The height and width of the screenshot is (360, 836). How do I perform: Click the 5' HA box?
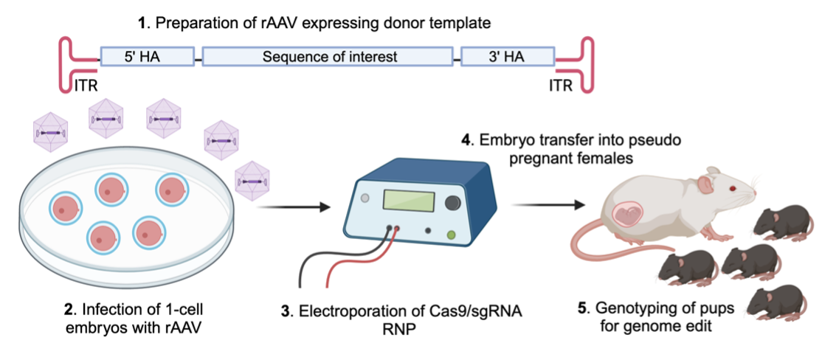pyautogui.click(x=147, y=57)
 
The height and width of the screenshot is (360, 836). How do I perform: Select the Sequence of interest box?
pyautogui.click(x=328, y=57)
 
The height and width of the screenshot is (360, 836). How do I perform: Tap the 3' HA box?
pyautogui.click(x=507, y=57)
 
